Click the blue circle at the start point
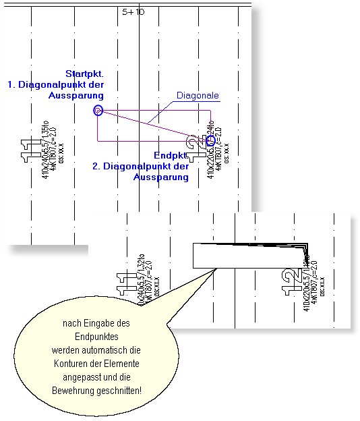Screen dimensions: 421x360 tap(98, 110)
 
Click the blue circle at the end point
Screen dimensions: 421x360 tap(211, 140)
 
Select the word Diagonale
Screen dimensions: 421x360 tap(198, 96)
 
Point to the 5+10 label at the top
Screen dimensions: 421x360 tap(133, 11)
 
